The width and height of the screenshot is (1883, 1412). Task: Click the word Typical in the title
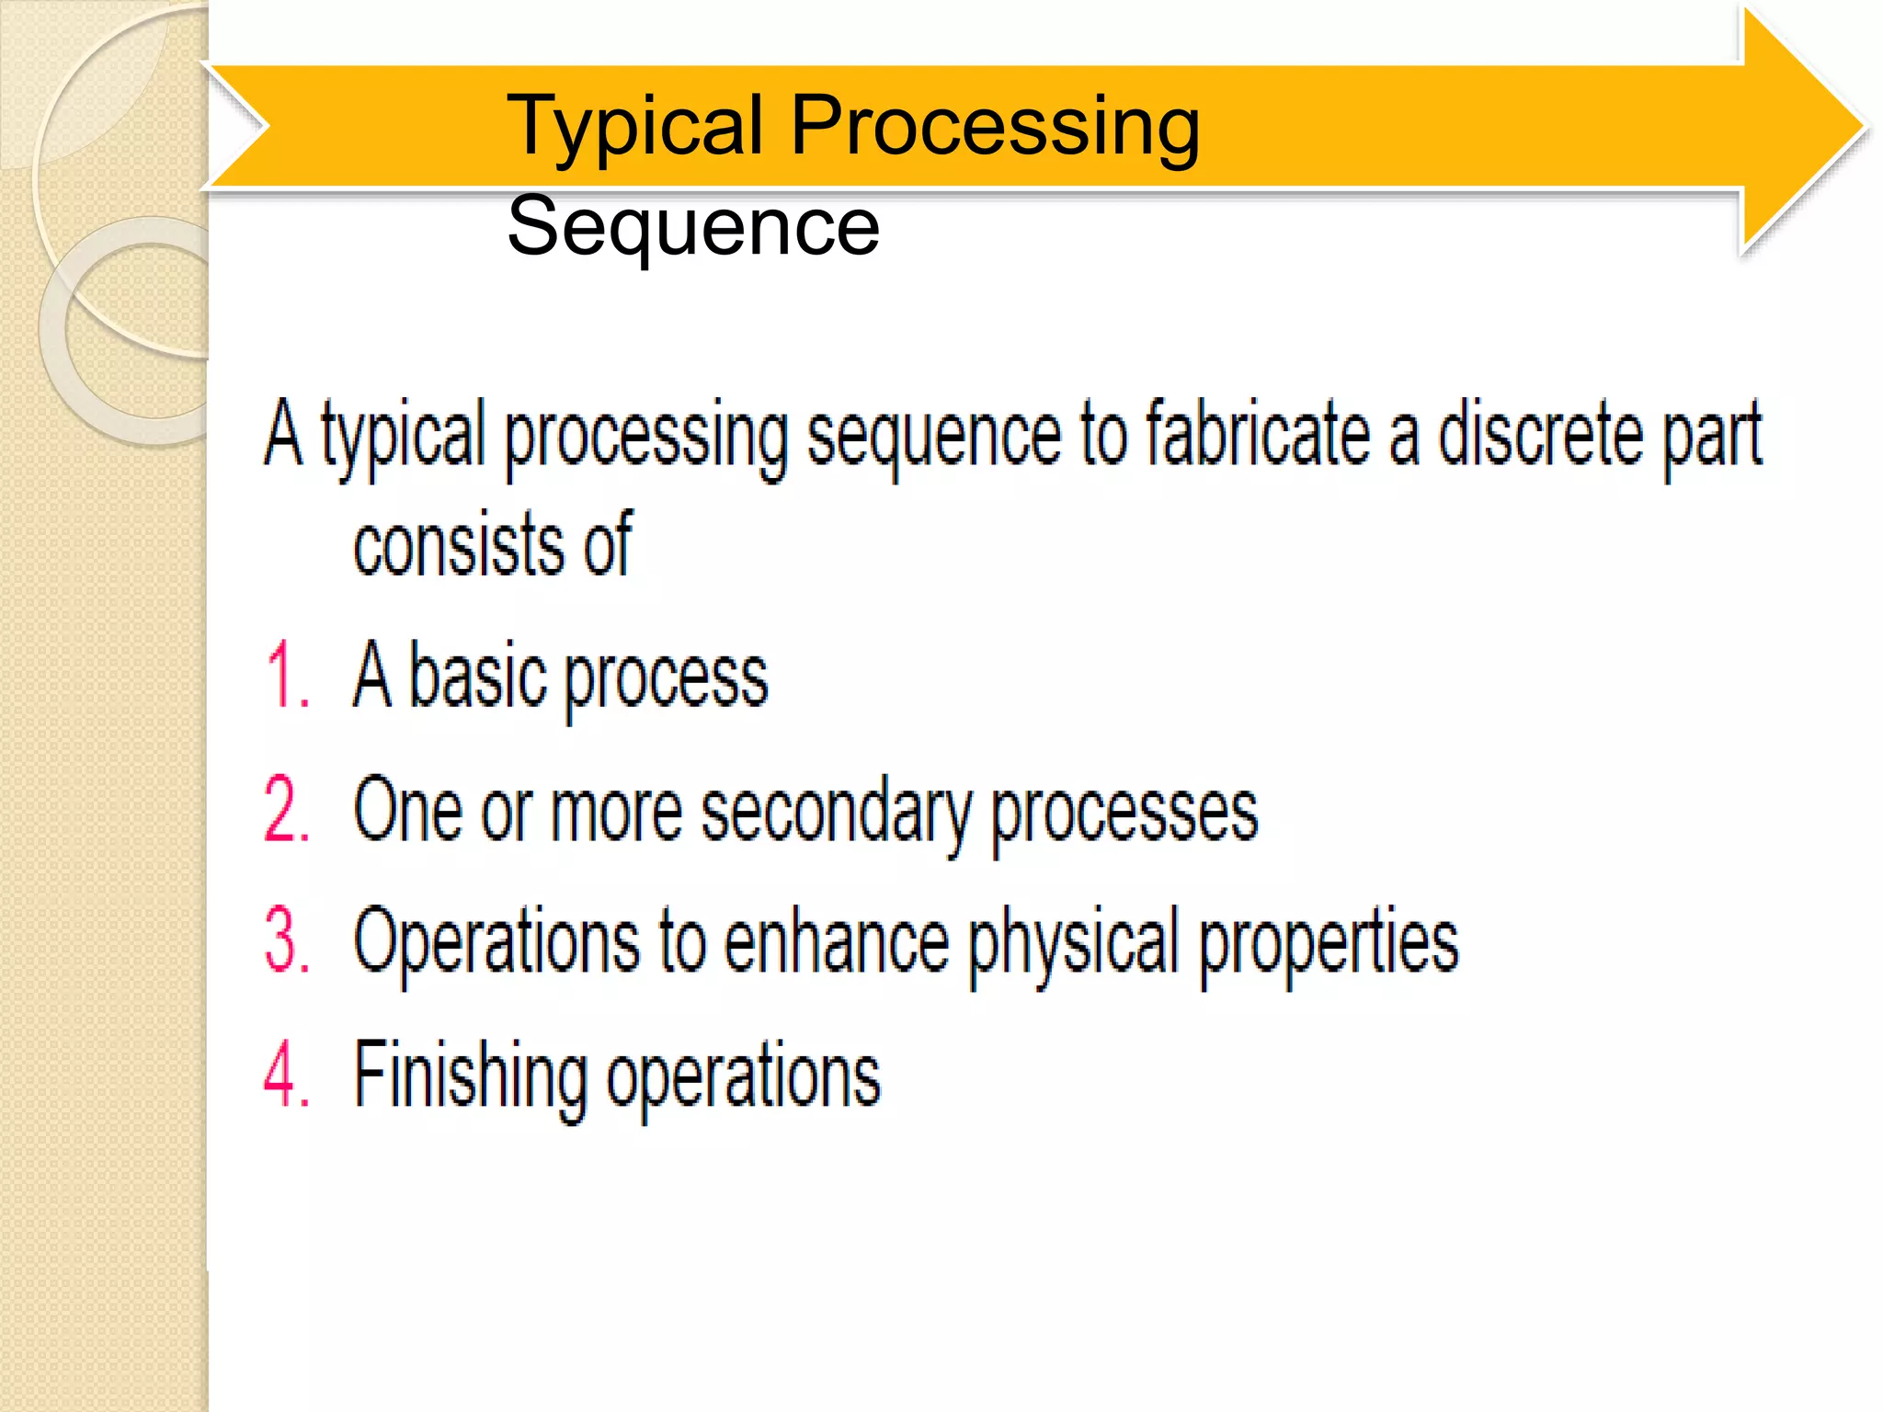click(x=634, y=126)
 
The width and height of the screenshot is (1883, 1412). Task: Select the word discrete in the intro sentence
click(x=1539, y=434)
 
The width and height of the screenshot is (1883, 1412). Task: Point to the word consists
click(x=456, y=545)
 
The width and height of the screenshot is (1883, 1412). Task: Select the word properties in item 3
click(x=1330, y=942)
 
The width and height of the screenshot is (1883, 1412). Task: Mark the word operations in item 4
click(x=743, y=1077)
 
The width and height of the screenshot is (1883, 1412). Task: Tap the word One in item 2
click(x=406, y=810)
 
